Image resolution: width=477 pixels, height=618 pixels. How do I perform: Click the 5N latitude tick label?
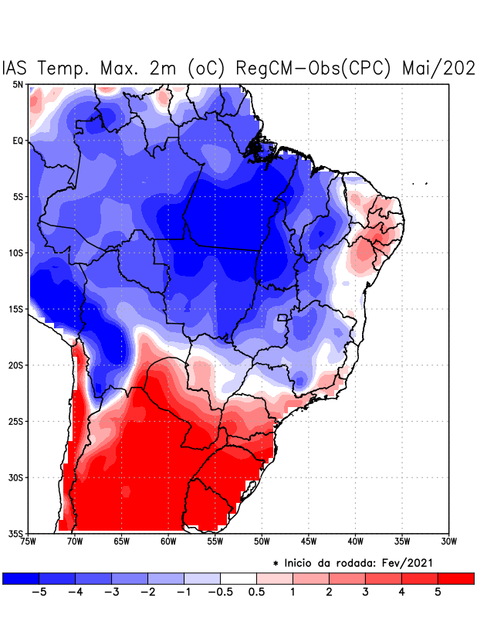point(18,84)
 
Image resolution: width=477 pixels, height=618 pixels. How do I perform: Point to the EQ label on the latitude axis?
point(18,141)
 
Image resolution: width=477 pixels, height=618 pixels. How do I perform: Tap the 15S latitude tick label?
point(16,309)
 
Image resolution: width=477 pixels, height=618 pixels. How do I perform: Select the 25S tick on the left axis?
point(16,421)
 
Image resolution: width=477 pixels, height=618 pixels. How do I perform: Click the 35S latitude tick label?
point(16,533)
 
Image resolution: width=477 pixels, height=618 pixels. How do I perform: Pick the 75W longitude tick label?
point(29,542)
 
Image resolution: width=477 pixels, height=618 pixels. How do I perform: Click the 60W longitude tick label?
point(168,542)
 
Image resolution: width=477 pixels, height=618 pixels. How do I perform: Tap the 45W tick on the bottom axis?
point(309,542)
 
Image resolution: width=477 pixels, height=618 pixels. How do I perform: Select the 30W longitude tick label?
point(448,542)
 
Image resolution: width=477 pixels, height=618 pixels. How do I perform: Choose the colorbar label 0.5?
point(256,592)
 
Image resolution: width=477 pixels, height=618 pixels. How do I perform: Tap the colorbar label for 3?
point(365,592)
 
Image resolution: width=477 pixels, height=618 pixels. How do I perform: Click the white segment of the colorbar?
point(238,578)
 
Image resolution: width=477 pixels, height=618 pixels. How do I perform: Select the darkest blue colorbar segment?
point(20,578)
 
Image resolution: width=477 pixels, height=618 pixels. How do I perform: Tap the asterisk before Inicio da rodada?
point(276,564)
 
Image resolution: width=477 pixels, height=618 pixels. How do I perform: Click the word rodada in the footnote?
point(365,563)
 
